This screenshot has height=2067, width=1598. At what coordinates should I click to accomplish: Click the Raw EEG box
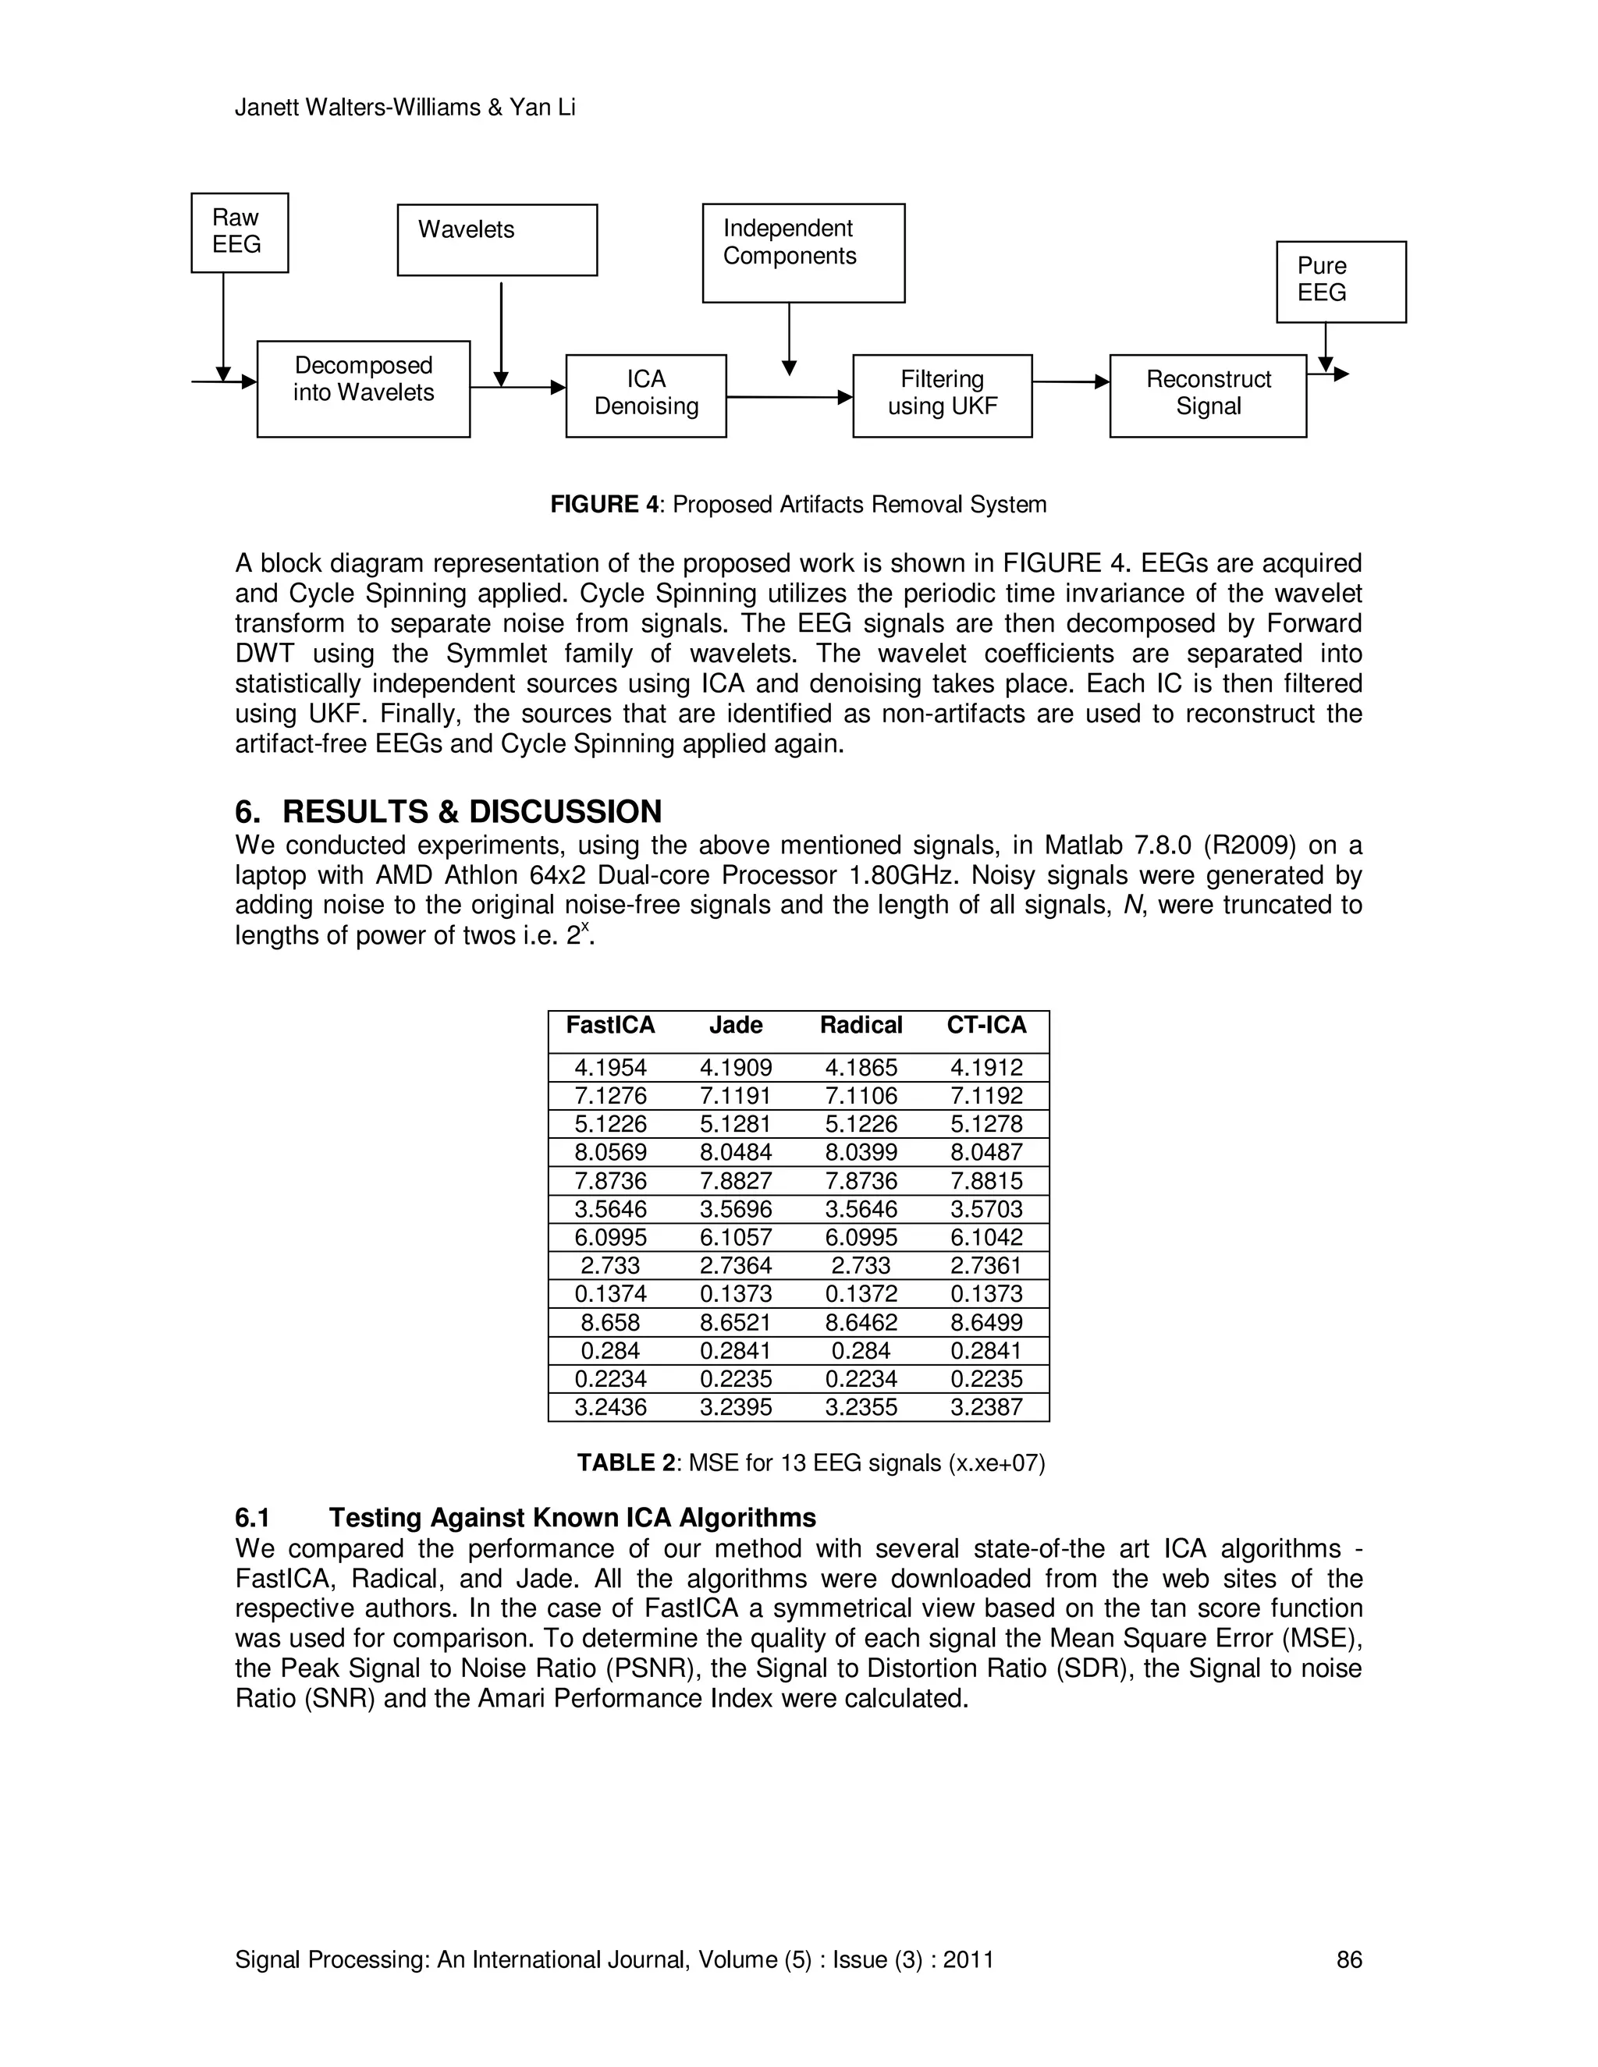240,232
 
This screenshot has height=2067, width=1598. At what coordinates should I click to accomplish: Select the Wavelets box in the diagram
497,240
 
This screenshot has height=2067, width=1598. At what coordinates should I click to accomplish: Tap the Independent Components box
803,253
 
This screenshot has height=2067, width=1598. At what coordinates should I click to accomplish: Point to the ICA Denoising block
645,395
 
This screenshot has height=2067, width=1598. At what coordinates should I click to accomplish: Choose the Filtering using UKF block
942,395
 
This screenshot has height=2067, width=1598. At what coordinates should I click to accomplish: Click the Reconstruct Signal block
1208,395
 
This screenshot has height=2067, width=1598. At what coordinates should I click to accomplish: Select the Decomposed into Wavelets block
364,389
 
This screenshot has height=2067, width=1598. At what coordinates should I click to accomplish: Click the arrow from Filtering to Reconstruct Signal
1071,382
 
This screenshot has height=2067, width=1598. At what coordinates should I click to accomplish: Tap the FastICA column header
611,1025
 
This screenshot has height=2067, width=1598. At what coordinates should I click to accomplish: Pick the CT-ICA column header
986,1025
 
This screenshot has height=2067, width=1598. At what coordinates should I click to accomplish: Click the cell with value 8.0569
611,1152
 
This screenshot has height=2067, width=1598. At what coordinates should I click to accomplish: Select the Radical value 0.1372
861,1294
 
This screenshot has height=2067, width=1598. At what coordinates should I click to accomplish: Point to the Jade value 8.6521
736,1322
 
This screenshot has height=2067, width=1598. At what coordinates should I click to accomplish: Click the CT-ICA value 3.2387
986,1407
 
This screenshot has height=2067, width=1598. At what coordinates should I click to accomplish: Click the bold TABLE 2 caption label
626,1463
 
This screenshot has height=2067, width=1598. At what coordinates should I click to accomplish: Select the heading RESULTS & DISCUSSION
471,812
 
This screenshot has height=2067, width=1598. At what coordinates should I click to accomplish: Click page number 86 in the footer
1349,1959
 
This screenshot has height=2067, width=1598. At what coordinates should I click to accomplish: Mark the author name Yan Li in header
542,108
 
